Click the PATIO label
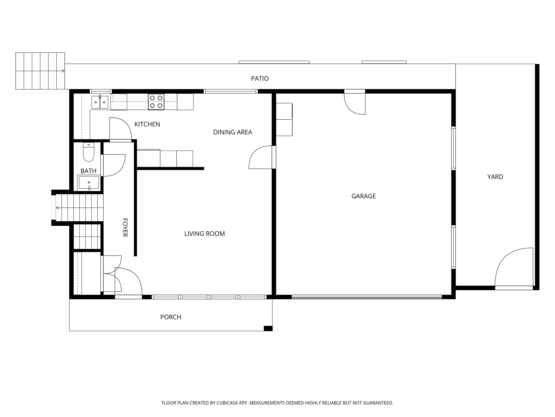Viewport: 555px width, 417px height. point(260,78)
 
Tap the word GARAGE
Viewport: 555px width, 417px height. point(363,196)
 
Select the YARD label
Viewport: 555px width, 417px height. point(495,177)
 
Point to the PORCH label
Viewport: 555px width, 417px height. point(170,317)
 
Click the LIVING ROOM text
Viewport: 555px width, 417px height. point(204,233)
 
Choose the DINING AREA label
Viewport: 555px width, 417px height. point(233,132)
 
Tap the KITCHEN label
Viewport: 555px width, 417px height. point(147,124)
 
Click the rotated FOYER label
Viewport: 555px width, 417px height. point(125,228)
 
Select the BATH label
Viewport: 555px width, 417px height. point(88,171)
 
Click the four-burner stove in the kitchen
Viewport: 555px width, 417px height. point(156,102)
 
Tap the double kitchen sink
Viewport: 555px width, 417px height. point(100,102)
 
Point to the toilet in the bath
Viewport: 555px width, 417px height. point(89,152)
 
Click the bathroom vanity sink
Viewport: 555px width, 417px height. point(89,183)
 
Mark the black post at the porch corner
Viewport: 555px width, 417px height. point(268,328)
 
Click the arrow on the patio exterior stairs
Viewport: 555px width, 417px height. point(63,71)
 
